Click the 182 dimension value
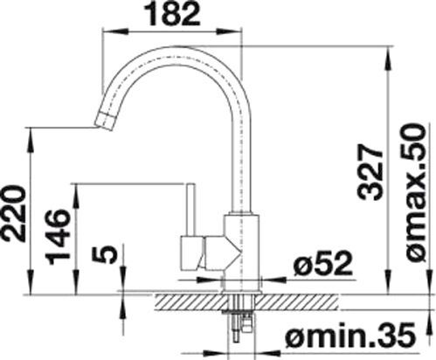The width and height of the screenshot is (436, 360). click(x=173, y=13)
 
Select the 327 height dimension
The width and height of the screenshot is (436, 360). click(x=370, y=173)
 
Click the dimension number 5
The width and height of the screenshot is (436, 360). click(x=105, y=253)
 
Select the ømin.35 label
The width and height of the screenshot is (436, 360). click(x=349, y=336)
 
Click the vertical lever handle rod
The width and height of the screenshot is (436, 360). click(x=190, y=210)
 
